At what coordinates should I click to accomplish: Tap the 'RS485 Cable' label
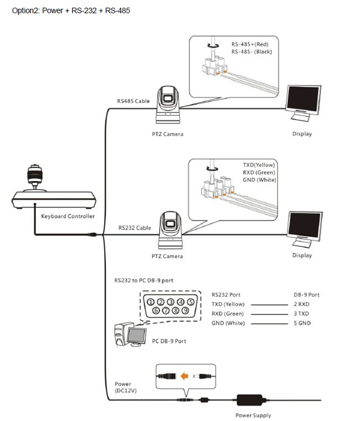[x=133, y=101]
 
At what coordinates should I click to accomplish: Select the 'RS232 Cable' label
[x=134, y=227]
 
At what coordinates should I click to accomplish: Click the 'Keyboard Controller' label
[x=68, y=216]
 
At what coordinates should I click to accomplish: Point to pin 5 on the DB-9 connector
[x=191, y=302]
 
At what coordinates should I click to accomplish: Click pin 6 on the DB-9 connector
[x=156, y=311]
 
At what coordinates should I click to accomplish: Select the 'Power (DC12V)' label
[x=124, y=387]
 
